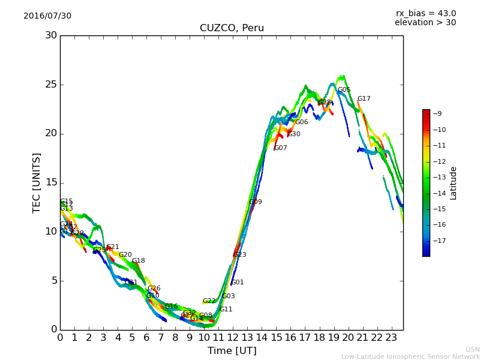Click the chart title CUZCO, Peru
click(x=232, y=28)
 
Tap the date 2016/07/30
click(x=47, y=16)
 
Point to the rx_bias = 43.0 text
click(x=425, y=13)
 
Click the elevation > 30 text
click(x=425, y=23)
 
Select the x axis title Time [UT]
click(x=232, y=351)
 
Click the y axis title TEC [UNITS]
click(x=37, y=182)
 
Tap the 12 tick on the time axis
click(x=233, y=338)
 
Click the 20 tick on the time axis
click(x=348, y=338)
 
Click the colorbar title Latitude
click(x=454, y=183)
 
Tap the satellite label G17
click(x=364, y=99)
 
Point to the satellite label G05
click(x=344, y=90)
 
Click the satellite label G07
click(x=280, y=148)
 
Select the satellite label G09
click(x=256, y=202)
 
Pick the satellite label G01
click(x=238, y=283)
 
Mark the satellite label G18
click(x=139, y=261)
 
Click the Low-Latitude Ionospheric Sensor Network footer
click(x=410, y=357)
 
